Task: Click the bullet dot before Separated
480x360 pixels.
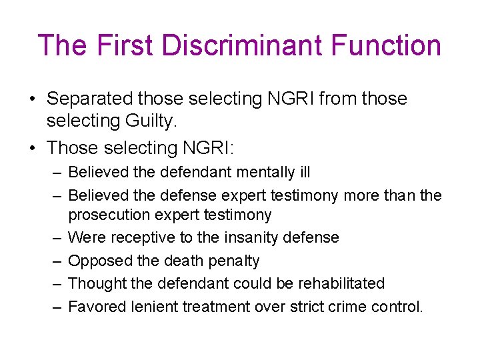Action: coord(32,99)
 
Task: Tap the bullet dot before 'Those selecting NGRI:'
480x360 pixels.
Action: coord(32,147)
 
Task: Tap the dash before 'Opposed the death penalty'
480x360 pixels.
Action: coord(56,261)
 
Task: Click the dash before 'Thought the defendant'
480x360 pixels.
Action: coord(56,283)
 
